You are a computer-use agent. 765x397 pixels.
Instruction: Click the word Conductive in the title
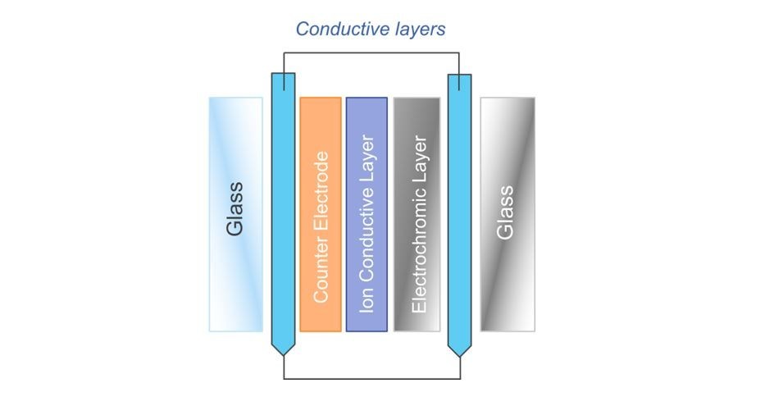click(x=337, y=30)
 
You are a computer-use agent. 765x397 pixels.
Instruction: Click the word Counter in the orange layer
click(x=321, y=271)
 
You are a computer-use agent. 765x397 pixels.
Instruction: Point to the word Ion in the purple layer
click(x=367, y=303)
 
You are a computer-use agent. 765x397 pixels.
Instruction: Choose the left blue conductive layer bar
click(x=282, y=205)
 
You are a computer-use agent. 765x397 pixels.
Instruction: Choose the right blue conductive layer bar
click(x=459, y=205)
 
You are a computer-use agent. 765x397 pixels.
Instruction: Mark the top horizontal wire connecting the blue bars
click(x=371, y=53)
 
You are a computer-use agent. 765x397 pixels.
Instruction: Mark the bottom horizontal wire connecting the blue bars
click(x=371, y=379)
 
